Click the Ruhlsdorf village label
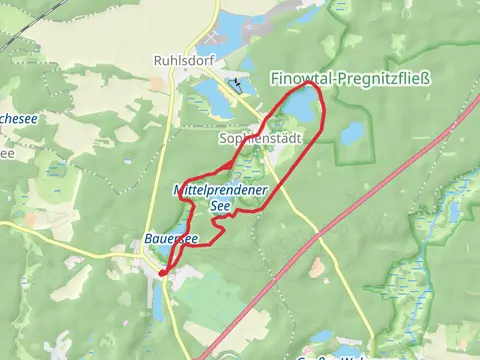(179, 59)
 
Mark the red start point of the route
(162, 271)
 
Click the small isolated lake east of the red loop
(351, 132)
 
